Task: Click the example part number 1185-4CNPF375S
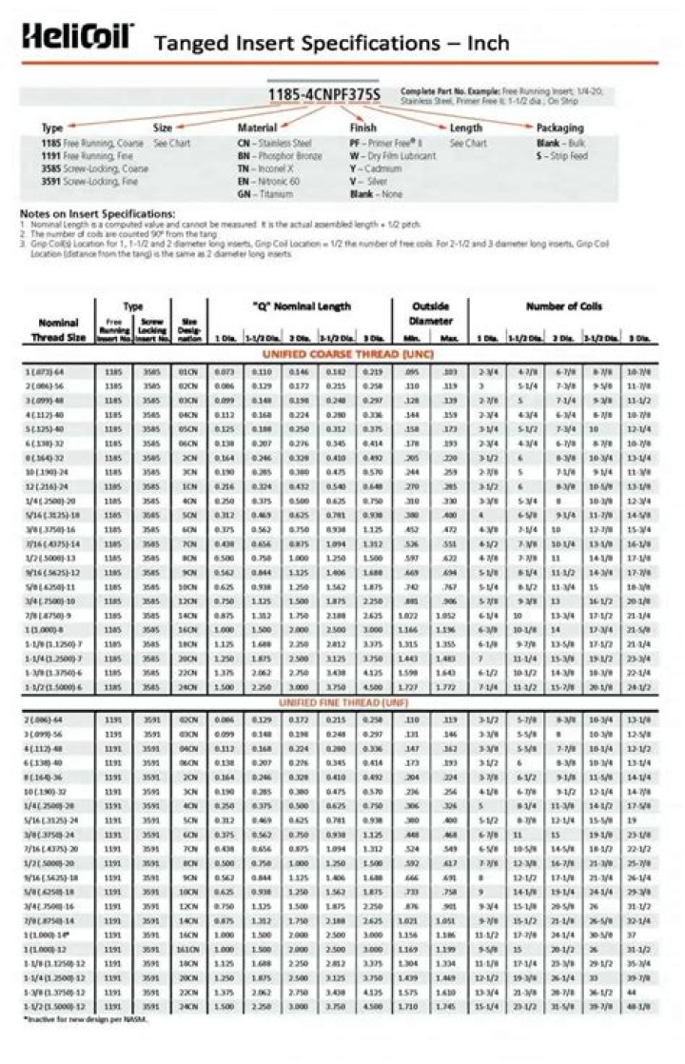323,94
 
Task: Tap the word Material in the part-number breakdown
257,128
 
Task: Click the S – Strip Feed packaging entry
561,155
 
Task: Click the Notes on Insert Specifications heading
97,213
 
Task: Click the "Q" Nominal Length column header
302,306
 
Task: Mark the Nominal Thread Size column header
58,329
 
